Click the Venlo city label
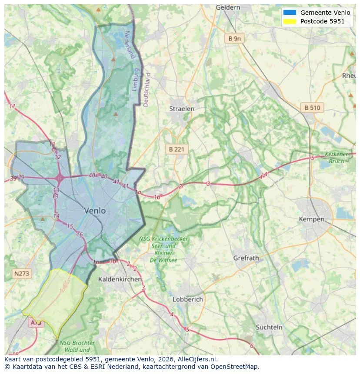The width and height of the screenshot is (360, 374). tap(95, 211)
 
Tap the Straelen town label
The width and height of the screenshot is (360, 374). tap(182, 109)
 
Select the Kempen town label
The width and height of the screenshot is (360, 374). tap(311, 219)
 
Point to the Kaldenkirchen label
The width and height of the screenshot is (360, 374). tap(120, 279)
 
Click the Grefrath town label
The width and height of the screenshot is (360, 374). tap(246, 258)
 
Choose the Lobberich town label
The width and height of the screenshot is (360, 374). tap(188, 299)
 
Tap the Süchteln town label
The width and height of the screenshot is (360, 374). tap(269, 327)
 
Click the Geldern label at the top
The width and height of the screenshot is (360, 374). tap(228, 7)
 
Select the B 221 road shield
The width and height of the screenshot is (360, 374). tap(177, 149)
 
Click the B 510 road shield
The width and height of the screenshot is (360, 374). tap(312, 108)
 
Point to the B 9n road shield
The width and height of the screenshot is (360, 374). tap(234, 39)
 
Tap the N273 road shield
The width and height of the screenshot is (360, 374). tap(22, 274)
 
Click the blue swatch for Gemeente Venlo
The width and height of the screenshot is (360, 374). tap(289, 13)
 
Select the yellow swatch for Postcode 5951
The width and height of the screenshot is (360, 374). tap(289, 21)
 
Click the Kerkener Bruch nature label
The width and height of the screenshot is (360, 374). tap(337, 158)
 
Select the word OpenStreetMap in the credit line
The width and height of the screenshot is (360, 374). tap(233, 367)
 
